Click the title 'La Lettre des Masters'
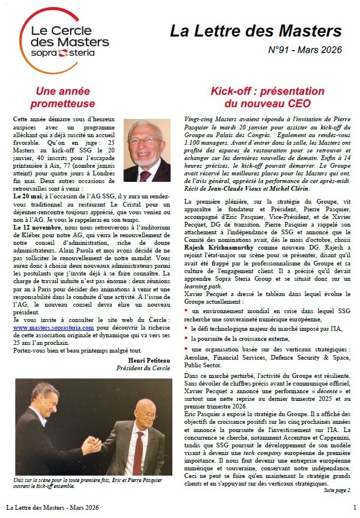(255, 31)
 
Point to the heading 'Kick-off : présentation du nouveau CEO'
(268, 98)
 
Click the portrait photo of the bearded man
(146, 151)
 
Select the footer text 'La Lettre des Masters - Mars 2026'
(52, 507)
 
